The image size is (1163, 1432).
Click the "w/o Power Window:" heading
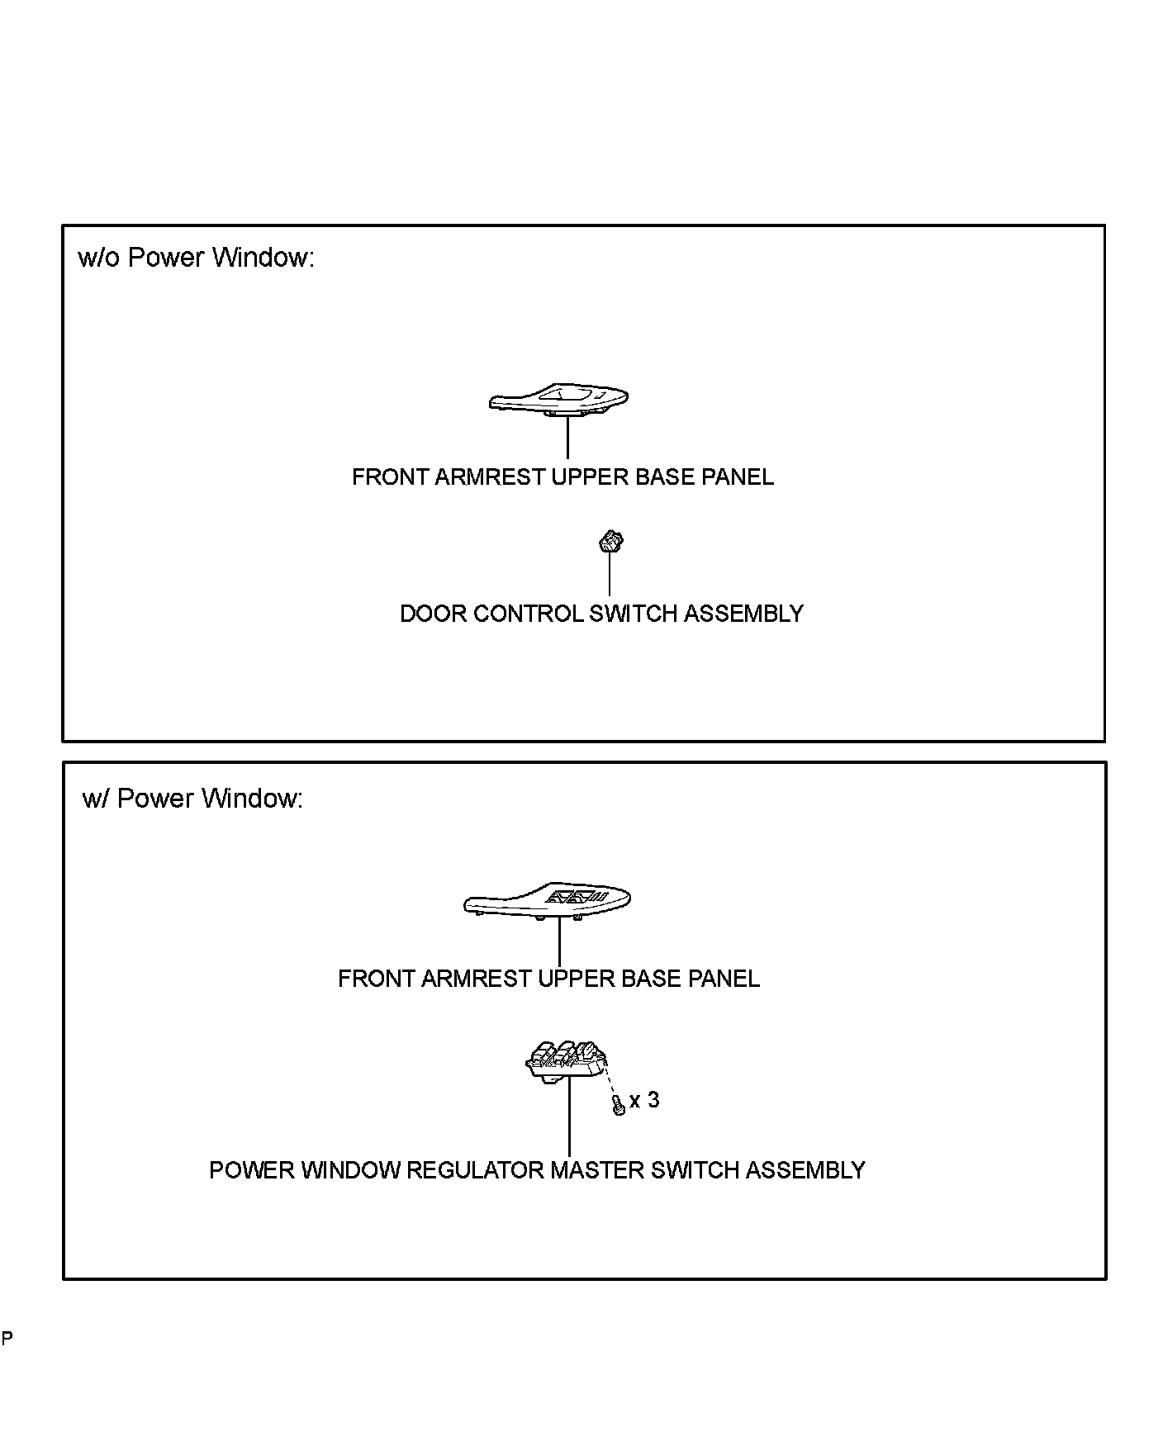tap(196, 258)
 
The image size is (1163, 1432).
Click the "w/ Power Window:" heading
tap(192, 799)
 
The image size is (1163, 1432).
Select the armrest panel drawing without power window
tap(558, 400)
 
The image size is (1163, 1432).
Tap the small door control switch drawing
tap(610, 543)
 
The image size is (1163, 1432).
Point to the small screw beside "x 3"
tap(618, 1107)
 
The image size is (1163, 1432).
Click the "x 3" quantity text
tap(644, 1100)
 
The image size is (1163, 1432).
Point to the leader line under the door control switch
tap(610, 574)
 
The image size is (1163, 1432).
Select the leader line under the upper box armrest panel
tap(567, 438)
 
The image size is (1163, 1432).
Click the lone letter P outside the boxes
tap(7, 1339)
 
